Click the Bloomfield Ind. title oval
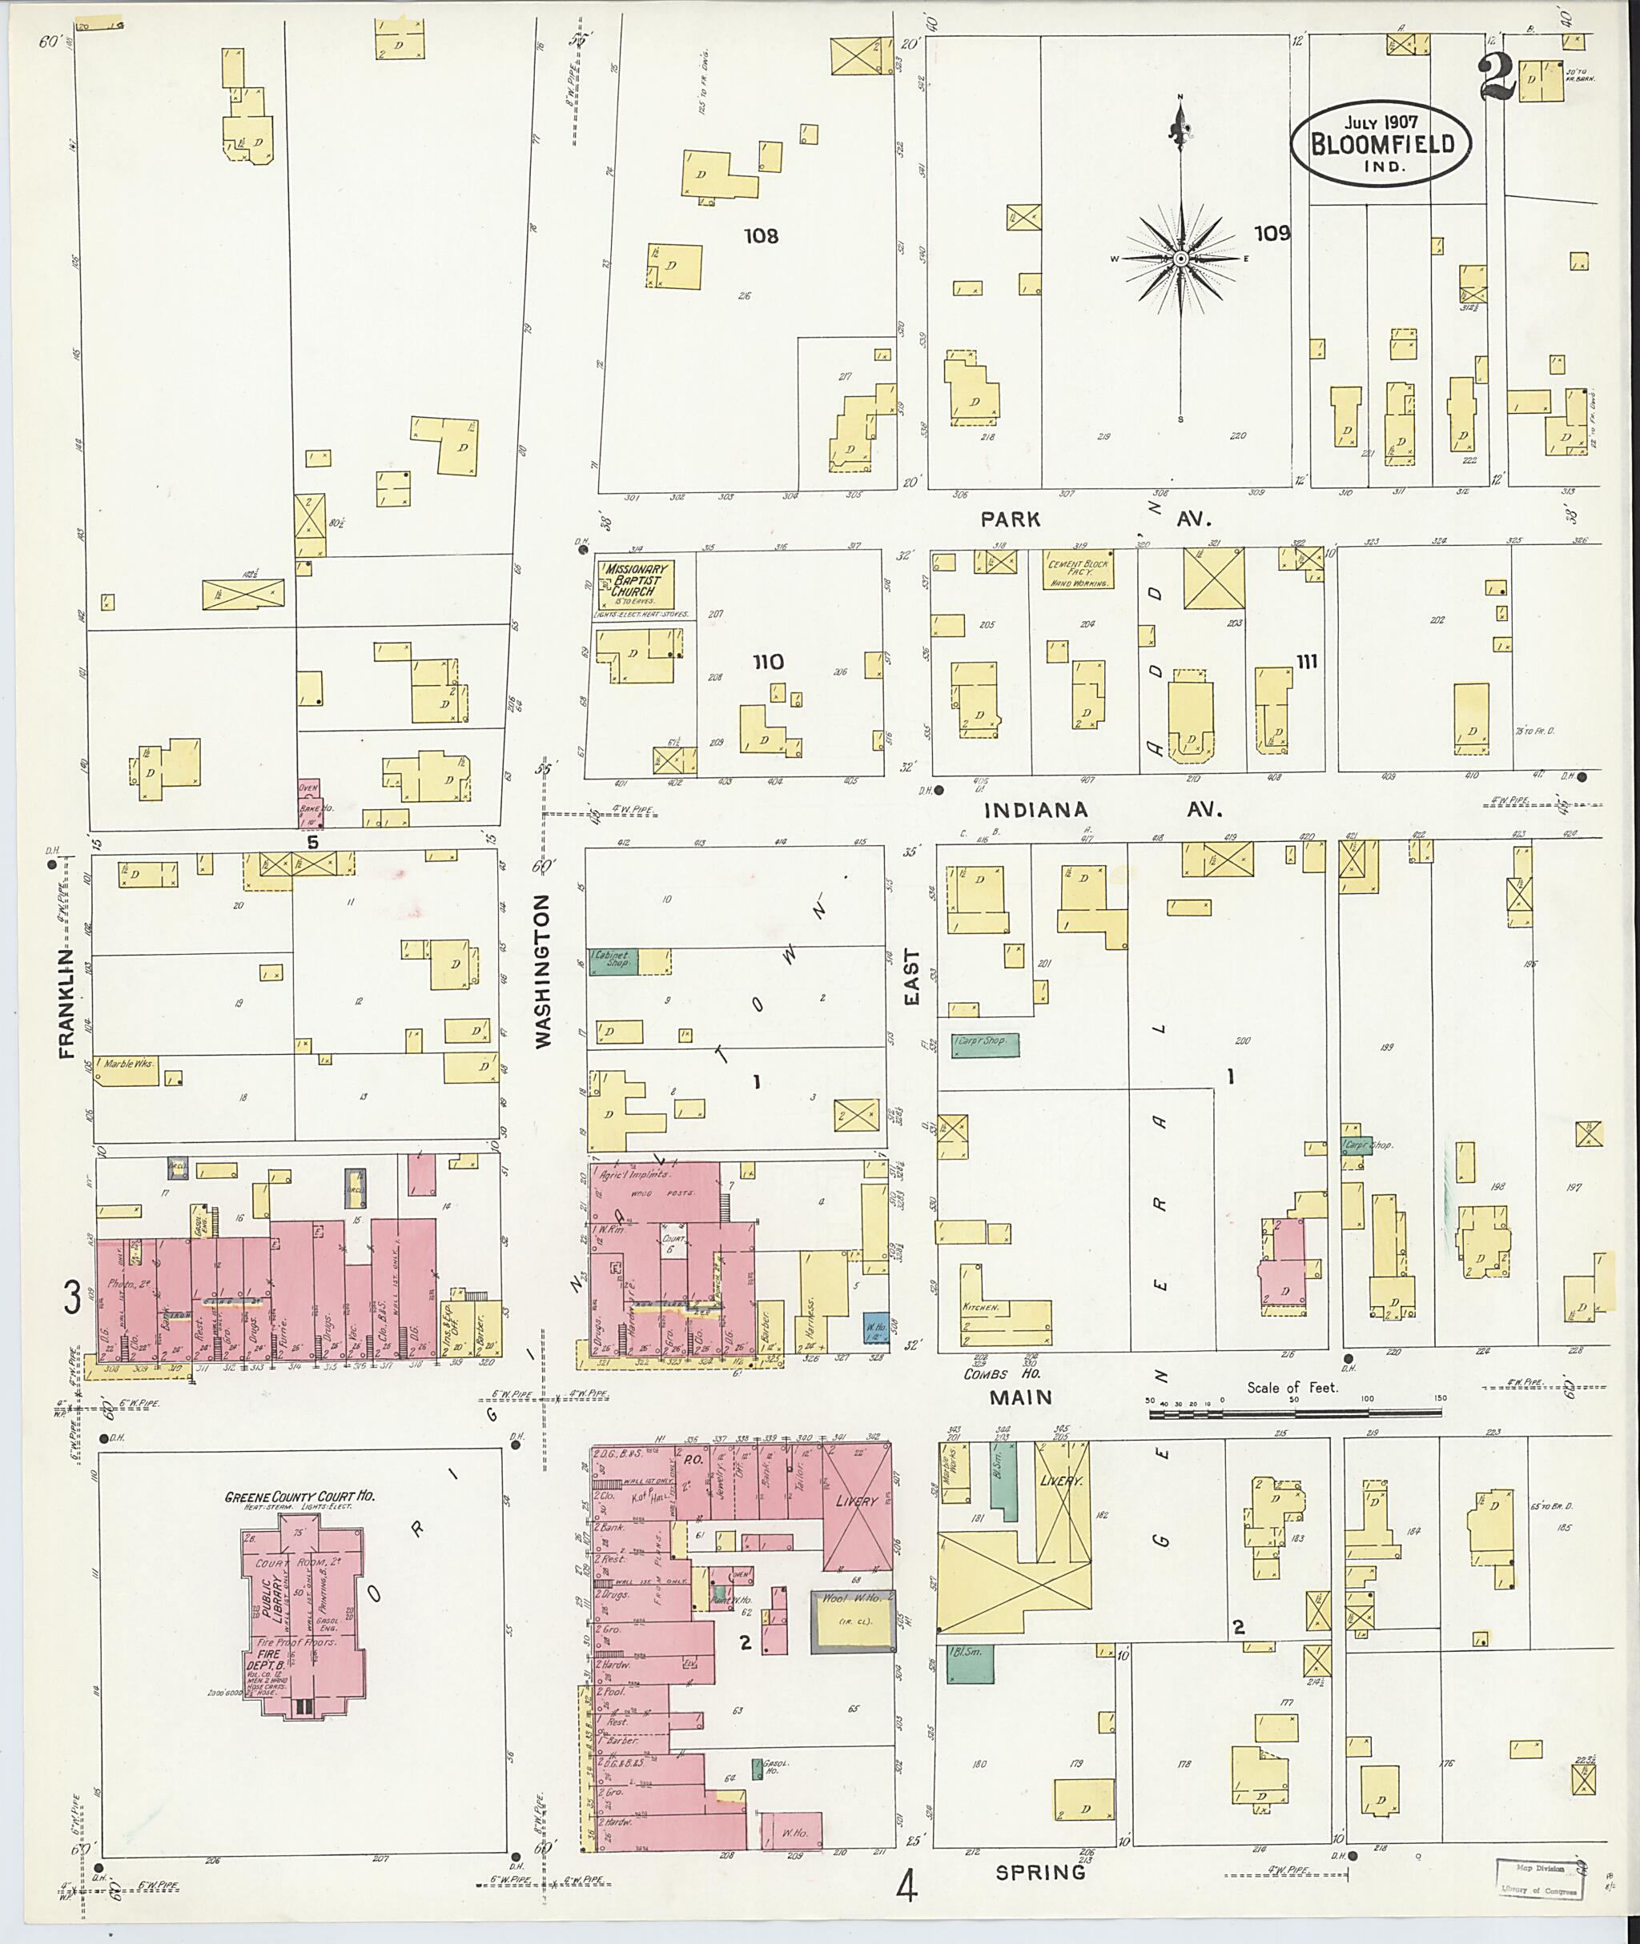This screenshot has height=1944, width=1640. click(x=1380, y=144)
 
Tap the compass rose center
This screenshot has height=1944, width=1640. click(x=1180, y=259)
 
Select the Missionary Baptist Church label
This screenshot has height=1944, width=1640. click(x=637, y=581)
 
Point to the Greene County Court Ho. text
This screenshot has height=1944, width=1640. click(x=299, y=1497)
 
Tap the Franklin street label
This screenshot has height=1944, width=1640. click(x=66, y=1003)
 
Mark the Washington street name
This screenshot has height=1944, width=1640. click(x=544, y=971)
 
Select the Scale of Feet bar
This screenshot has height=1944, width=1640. click(x=1295, y=1413)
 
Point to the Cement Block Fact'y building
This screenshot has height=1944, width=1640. click(x=1079, y=572)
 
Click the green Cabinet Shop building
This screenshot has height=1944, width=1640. click(x=612, y=961)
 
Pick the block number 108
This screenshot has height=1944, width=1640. click(x=761, y=236)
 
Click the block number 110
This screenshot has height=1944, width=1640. click(x=768, y=662)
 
